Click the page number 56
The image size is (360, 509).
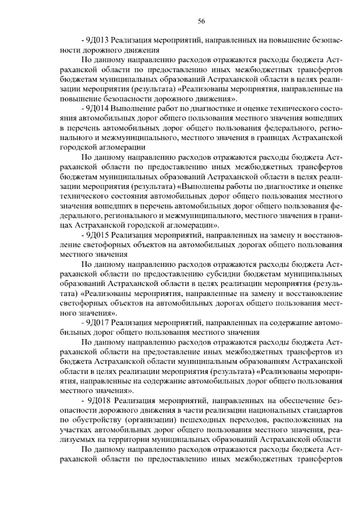[x=201, y=21]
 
